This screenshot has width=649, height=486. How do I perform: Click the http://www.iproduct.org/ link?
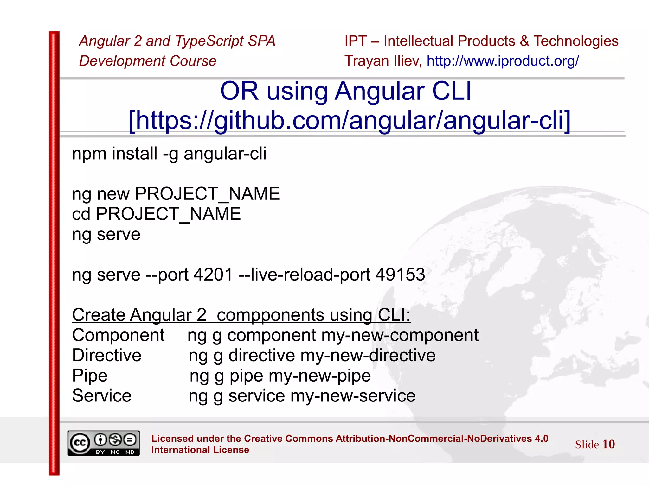tap(503, 61)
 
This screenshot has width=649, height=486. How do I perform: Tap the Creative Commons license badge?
tap(104, 443)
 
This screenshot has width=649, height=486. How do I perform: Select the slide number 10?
tap(608, 444)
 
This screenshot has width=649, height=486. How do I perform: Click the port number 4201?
tap(213, 275)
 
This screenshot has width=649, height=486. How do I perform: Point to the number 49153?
tap(400, 275)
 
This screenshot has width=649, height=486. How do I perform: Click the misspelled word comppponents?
tap(270, 315)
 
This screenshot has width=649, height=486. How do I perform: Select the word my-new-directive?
tap(368, 355)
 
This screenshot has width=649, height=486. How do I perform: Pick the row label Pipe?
tap(90, 376)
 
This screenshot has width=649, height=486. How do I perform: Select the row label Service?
tap(102, 396)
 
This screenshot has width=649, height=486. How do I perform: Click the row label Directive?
tap(107, 355)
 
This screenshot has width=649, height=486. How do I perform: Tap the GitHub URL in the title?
tap(350, 120)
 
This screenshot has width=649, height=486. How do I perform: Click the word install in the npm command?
tap(135, 154)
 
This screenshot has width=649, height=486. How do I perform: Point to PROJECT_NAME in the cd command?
tap(168, 214)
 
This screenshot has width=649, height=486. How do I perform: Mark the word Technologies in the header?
tap(576, 41)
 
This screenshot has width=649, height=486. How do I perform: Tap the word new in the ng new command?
tap(113, 194)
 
